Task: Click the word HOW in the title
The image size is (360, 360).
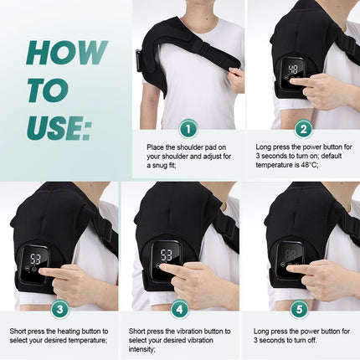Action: (x=66, y=52)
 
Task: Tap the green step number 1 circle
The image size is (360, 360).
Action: (x=189, y=129)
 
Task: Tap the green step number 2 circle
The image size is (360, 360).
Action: (x=303, y=129)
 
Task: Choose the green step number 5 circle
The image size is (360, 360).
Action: (x=303, y=308)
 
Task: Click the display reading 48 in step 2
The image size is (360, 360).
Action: (x=294, y=70)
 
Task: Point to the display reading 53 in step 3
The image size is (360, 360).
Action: (x=36, y=260)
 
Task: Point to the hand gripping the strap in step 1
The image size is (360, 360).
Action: (x=237, y=79)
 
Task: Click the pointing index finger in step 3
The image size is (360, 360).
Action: (x=49, y=273)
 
